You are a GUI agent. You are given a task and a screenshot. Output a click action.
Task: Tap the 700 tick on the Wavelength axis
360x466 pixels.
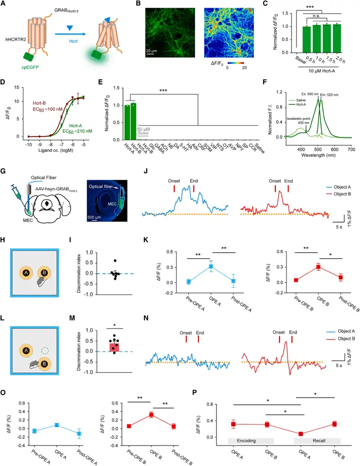pyautogui.click(x=351, y=149)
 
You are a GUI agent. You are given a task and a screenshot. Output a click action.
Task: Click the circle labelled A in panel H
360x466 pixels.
pyautogui.click(x=25, y=273)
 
